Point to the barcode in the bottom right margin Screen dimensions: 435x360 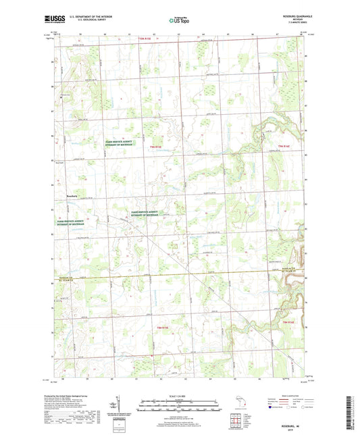tap(353, 408)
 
